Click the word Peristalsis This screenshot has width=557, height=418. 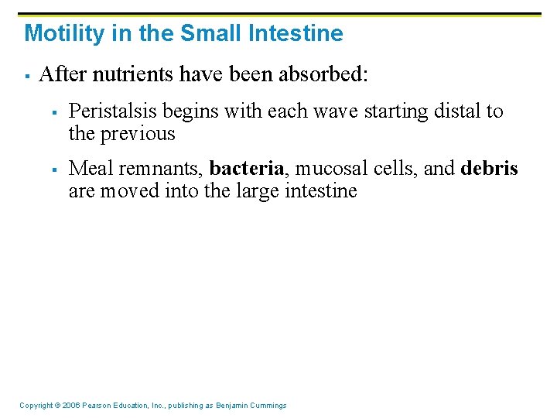[x=111, y=111]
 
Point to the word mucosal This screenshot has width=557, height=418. [x=323, y=169]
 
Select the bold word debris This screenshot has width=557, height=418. [x=490, y=169]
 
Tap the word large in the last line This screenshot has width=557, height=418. [x=251, y=190]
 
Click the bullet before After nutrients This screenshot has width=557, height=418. [x=26, y=76]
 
